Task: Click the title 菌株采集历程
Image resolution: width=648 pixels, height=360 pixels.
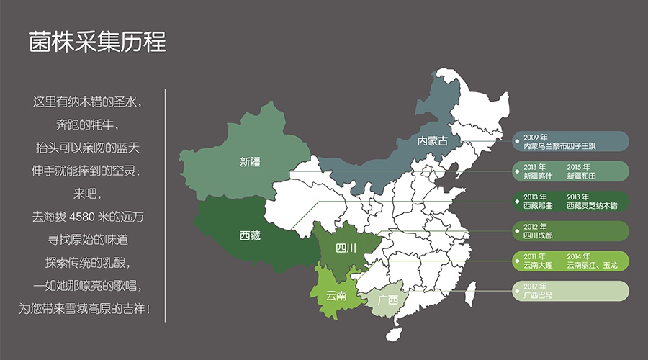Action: (97, 42)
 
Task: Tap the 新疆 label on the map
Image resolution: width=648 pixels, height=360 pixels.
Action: (250, 162)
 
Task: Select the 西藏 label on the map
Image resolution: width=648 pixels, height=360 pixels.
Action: (250, 235)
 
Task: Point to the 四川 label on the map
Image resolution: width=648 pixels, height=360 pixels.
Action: (346, 248)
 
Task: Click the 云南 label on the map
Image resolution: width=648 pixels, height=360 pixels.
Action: (336, 294)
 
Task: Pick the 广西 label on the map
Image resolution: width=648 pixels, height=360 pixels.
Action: (387, 300)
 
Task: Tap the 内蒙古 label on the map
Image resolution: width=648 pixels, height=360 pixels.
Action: (433, 141)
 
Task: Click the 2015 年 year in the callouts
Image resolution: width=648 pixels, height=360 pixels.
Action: (578, 167)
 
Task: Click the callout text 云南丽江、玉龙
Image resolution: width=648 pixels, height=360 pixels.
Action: (592, 265)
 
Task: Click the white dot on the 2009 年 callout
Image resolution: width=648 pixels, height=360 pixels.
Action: (518, 140)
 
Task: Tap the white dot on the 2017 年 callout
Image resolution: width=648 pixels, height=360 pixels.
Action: (518, 290)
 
